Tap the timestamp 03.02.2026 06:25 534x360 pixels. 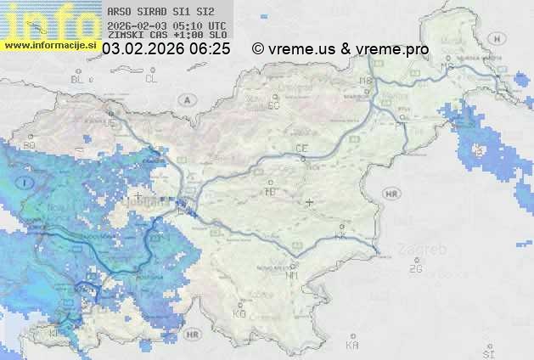(x=166, y=49)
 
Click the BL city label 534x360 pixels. (x=79, y=79)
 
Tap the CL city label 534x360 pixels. (x=151, y=79)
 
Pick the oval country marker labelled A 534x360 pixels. (x=185, y=99)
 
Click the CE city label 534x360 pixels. (x=301, y=149)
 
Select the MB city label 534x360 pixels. (x=366, y=81)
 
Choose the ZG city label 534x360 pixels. (x=415, y=269)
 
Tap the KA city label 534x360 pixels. (x=352, y=345)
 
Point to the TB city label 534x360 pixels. (x=271, y=193)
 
